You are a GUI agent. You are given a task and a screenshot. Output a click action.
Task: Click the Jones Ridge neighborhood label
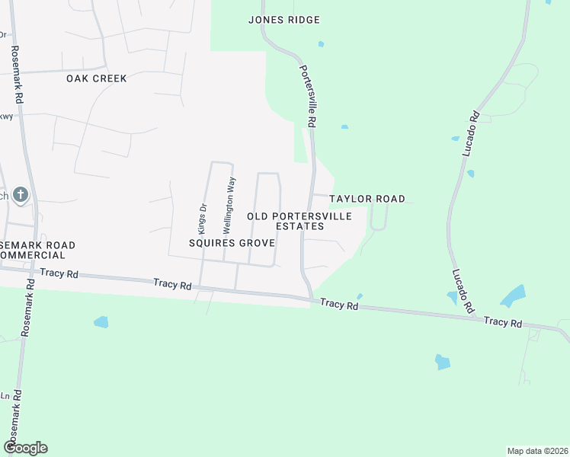point(283,20)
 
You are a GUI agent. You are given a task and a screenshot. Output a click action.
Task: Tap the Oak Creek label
point(96,78)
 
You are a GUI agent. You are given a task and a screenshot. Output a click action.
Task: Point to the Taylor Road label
point(367,199)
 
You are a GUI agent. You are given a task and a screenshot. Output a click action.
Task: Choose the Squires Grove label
point(232,243)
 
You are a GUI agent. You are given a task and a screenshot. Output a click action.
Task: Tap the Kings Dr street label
point(203,217)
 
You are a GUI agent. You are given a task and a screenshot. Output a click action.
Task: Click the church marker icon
point(21,196)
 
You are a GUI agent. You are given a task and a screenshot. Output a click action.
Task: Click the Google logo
point(25,448)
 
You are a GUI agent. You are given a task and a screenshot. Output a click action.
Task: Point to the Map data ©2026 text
point(538,450)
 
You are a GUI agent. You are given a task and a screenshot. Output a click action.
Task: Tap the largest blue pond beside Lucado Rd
point(513,296)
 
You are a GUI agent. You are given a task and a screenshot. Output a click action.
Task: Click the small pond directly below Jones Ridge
point(321,44)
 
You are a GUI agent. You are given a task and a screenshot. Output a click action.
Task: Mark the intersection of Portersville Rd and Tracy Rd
point(312,299)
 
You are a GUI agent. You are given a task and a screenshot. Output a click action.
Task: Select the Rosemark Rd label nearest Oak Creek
point(14,75)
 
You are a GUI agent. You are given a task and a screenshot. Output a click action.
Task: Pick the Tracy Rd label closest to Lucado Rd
point(503,322)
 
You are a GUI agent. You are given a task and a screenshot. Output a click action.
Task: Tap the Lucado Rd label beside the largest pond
point(463,291)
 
